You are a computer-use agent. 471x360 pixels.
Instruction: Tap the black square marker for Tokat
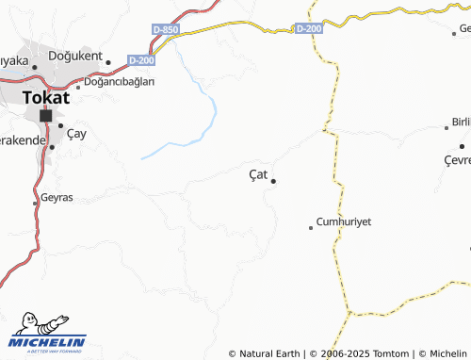[x=45, y=115]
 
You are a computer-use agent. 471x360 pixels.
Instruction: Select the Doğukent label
[x=76, y=57]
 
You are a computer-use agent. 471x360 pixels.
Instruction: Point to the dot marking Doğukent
[x=108, y=62]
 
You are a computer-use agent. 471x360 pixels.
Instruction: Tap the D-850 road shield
[x=165, y=30]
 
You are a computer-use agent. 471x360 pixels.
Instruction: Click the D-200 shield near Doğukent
[x=141, y=60]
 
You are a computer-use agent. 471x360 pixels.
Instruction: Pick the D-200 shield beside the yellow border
[x=308, y=29]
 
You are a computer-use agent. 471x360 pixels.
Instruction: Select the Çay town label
[x=76, y=133]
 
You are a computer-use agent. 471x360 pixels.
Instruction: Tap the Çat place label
[x=258, y=174]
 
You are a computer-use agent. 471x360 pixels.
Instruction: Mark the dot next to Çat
[x=273, y=181]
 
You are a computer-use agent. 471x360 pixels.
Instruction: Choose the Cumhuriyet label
[x=344, y=221]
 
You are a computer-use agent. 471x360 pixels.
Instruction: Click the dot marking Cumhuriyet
[x=311, y=227]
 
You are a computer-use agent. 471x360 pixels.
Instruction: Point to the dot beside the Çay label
[x=61, y=125]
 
